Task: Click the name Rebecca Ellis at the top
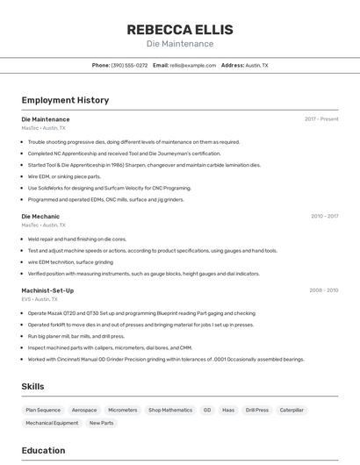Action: point(179,29)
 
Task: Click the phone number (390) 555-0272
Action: point(129,65)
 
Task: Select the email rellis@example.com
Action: point(192,65)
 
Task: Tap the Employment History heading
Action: point(65,100)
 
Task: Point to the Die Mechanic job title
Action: point(40,216)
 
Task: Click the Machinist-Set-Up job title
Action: point(47,290)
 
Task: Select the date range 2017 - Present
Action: point(321,119)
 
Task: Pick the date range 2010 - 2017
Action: point(324,216)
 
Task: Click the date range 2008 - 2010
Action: point(324,290)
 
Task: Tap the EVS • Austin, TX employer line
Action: point(43,299)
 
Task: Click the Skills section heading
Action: point(32,386)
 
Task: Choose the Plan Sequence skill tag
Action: point(43,410)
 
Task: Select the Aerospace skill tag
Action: point(84,410)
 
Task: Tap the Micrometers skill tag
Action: point(123,410)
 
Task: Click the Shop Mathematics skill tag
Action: point(170,410)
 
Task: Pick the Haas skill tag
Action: point(228,410)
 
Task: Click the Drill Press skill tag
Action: point(257,410)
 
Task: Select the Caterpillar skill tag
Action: point(292,410)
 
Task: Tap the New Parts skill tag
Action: point(101,423)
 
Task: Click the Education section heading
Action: point(43,451)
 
